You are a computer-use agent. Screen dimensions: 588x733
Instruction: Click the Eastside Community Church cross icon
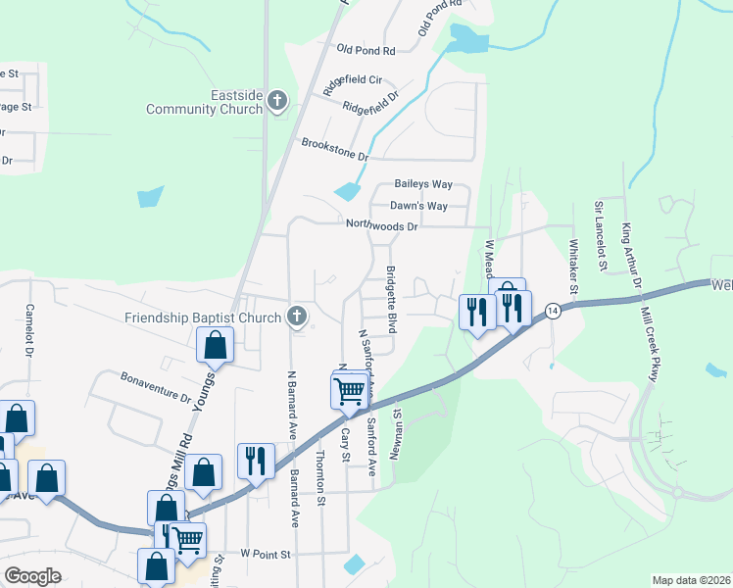click(x=277, y=101)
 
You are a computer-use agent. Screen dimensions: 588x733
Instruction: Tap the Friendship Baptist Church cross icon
click(x=297, y=317)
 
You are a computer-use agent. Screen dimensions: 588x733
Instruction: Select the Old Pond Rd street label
click(x=365, y=49)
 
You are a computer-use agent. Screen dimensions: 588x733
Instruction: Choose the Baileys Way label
click(x=423, y=184)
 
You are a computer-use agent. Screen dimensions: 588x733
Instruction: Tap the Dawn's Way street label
click(x=418, y=206)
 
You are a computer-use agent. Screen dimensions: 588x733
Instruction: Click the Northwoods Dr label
click(x=381, y=225)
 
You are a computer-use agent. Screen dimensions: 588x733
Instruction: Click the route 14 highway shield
click(x=554, y=310)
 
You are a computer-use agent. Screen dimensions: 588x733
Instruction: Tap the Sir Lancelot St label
click(x=599, y=227)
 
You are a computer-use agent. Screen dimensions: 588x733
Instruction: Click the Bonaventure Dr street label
click(x=155, y=388)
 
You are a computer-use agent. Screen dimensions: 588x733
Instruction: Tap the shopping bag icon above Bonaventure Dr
click(x=215, y=345)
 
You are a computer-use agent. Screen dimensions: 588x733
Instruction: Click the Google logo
click(x=32, y=576)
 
